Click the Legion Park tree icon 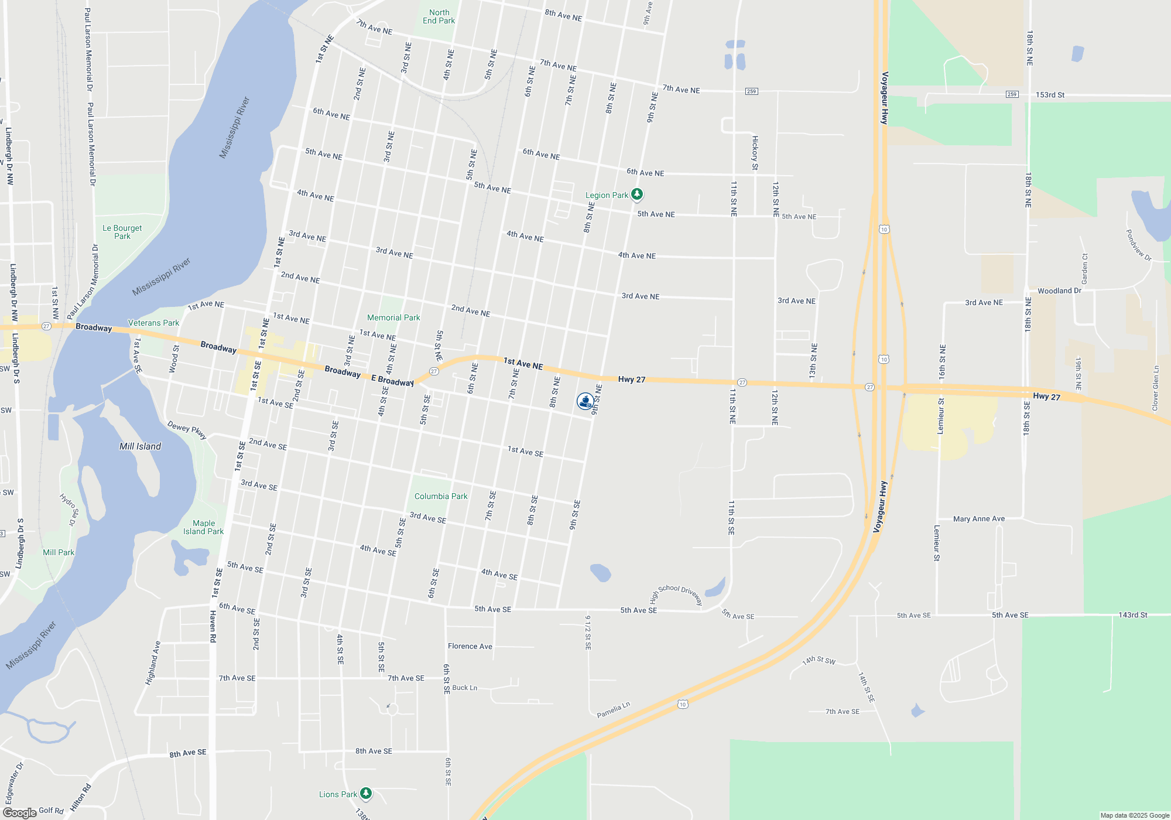click(637, 194)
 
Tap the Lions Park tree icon click(366, 794)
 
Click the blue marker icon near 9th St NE click(585, 401)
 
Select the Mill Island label click(140, 446)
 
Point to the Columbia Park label click(441, 496)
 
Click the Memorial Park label click(393, 317)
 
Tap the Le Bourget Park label click(122, 232)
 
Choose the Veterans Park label click(153, 323)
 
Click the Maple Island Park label click(203, 527)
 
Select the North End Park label click(439, 16)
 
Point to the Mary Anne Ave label click(978, 519)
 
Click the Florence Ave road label click(470, 646)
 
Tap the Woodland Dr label click(1059, 291)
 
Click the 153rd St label click(1050, 95)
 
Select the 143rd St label click(1132, 615)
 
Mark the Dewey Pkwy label click(187, 429)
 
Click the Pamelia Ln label click(613, 710)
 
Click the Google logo click(20, 813)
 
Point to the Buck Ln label click(464, 688)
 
